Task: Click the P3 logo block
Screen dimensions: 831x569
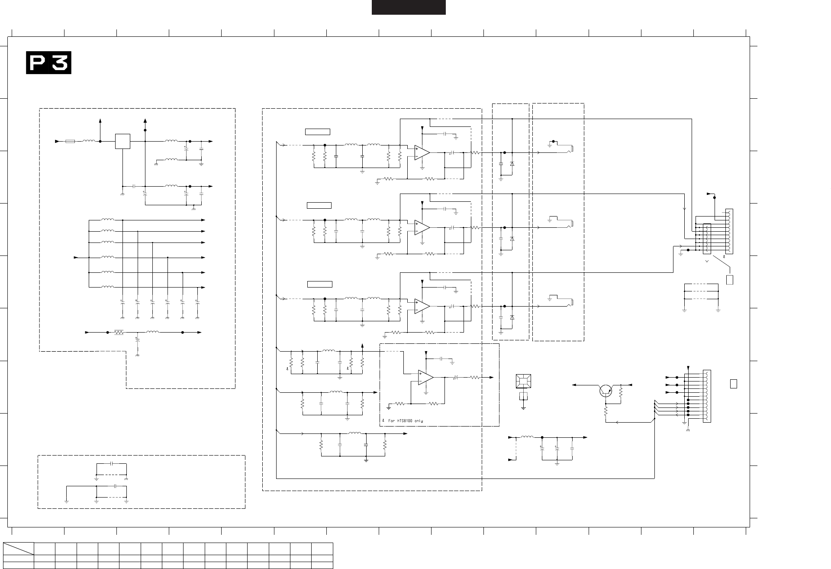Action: click(x=48, y=63)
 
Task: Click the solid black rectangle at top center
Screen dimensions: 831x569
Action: click(x=409, y=7)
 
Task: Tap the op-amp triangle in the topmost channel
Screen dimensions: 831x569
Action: click(x=422, y=152)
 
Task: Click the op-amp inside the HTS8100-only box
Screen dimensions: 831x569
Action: click(x=426, y=377)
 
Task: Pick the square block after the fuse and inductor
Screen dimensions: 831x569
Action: click(x=122, y=141)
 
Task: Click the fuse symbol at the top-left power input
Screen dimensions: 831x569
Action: click(x=70, y=141)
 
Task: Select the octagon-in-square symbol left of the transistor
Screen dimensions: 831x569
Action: click(x=523, y=381)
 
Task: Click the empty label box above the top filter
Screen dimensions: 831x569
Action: click(x=318, y=132)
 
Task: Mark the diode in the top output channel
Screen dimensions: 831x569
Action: click(x=512, y=164)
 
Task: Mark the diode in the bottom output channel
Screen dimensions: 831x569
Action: click(x=512, y=317)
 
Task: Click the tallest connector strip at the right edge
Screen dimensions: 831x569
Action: click(x=730, y=232)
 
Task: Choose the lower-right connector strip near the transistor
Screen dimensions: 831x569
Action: click(x=707, y=396)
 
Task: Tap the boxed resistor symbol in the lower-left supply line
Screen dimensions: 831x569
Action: click(x=119, y=333)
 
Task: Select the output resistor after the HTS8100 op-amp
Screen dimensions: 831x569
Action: click(x=475, y=377)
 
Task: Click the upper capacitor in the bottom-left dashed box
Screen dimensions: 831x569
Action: click(x=112, y=463)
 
